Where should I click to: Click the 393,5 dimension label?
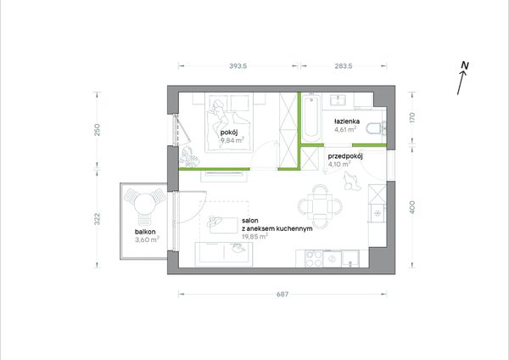click(238, 66)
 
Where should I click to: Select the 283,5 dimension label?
click(344, 66)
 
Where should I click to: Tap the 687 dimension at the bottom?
click(282, 295)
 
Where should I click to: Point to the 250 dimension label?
click(97, 130)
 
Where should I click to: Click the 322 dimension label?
click(97, 219)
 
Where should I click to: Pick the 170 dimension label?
click(412, 117)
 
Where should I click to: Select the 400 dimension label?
click(412, 207)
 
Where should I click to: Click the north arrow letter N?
click(465, 65)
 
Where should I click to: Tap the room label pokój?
click(229, 132)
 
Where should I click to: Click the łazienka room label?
click(347, 121)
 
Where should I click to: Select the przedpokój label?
click(345, 156)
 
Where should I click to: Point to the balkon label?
click(145, 232)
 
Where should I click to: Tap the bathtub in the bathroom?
click(311, 117)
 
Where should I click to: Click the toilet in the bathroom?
click(376, 129)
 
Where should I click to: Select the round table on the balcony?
click(143, 204)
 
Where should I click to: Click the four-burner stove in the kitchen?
click(314, 259)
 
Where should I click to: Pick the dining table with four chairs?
click(320, 206)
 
